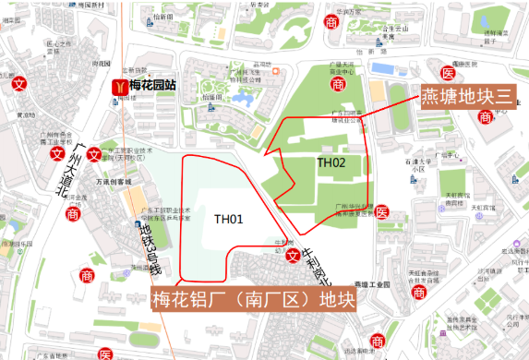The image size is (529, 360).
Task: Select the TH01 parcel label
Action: pos(228,219)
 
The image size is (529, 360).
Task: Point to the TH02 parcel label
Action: pos(331,162)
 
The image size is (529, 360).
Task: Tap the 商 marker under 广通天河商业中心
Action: pos(339,84)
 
